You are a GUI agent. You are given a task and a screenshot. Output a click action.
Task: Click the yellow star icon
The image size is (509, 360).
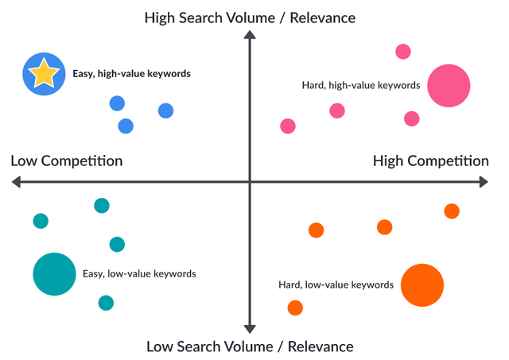click(43, 74)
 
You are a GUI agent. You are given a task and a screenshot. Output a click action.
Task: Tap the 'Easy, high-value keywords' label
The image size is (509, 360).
click(131, 74)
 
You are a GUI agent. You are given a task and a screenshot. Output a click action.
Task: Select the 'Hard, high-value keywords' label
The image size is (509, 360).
click(360, 85)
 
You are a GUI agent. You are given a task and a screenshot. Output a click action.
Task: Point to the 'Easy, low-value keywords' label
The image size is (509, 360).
click(139, 274)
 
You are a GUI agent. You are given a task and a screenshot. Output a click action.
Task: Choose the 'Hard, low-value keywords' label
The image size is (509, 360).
click(336, 285)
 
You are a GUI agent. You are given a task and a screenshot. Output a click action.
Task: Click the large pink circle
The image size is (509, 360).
click(449, 86)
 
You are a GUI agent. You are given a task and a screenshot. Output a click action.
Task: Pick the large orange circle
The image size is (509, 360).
click(422, 285)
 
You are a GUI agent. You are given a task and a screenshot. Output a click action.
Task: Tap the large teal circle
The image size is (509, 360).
click(54, 274)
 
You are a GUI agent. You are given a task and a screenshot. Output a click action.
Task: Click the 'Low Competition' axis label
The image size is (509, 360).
click(67, 161)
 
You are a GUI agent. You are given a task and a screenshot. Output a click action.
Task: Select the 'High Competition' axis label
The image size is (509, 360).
click(431, 161)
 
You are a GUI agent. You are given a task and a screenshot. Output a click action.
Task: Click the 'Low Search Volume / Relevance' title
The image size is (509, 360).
click(250, 346)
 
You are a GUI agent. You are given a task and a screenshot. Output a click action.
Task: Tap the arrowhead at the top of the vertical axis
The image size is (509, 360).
click(250, 35)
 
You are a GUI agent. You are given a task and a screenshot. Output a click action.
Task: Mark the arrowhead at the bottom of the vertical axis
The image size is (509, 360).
click(250, 327)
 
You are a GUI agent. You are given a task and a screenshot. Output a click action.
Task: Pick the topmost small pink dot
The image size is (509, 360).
click(403, 52)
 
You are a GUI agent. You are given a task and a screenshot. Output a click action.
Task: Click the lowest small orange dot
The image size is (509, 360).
click(295, 308)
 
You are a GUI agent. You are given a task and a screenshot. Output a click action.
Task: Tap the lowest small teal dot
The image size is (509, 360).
click(106, 303)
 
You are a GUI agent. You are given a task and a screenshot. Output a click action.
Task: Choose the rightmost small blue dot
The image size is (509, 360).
click(165, 110)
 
